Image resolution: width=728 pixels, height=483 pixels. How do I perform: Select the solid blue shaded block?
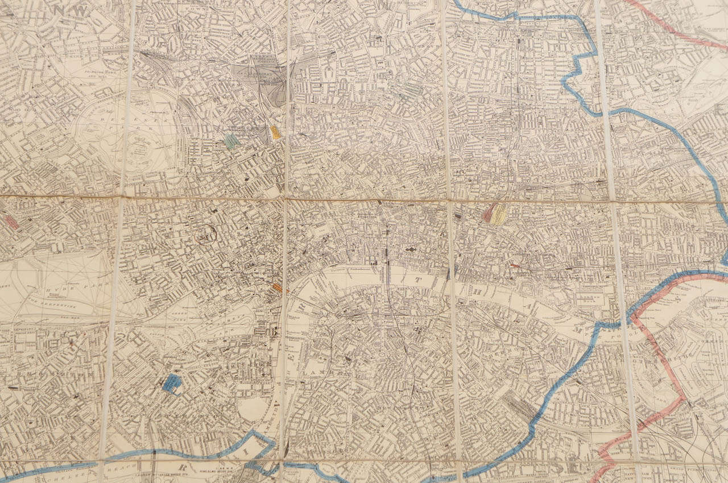pyautogui.click(x=171, y=384)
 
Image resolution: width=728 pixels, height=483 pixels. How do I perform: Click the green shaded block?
pyautogui.click(x=231, y=141)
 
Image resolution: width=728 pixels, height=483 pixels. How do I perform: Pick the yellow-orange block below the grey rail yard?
pyautogui.click(x=275, y=133)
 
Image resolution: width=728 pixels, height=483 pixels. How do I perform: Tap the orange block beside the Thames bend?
pyautogui.click(x=277, y=288)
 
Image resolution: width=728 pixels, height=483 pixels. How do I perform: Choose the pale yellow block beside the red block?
pyautogui.click(x=499, y=214)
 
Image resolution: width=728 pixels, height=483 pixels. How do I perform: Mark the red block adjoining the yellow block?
pyautogui.click(x=487, y=214)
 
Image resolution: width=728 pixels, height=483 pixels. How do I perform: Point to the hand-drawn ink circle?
pyautogui.click(x=205, y=234)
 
